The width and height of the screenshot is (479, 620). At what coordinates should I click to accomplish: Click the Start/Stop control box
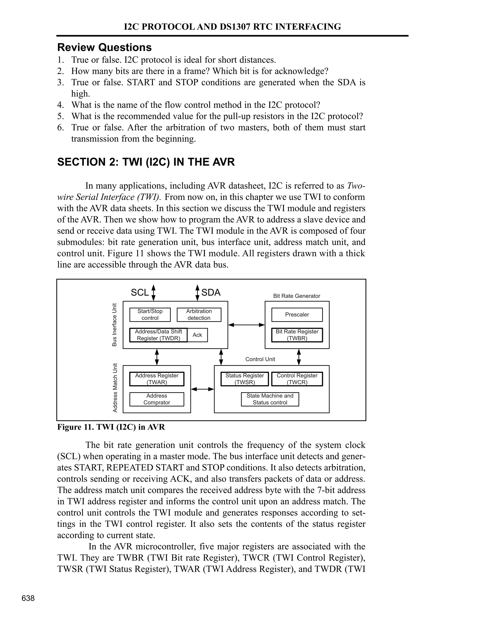150,314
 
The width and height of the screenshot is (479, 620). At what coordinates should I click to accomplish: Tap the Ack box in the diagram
197,335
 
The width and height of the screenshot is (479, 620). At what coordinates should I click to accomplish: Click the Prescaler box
297,314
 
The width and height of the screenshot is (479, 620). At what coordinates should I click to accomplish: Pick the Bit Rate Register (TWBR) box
297,335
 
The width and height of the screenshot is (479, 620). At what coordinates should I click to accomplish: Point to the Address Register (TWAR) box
157,379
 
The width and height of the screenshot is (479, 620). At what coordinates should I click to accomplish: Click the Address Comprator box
157,399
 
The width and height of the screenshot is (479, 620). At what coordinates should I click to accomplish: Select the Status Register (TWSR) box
245,379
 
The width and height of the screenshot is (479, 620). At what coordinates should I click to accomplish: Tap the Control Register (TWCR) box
297,379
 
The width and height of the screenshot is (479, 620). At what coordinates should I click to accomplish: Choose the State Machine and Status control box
270,399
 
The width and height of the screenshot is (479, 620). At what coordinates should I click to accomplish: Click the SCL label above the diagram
140,292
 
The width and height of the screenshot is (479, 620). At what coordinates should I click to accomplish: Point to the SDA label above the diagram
211,292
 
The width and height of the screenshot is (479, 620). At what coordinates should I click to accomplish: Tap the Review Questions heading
104,47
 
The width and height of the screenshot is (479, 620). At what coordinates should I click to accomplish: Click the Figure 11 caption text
111,427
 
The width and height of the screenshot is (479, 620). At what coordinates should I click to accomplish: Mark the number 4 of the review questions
60,105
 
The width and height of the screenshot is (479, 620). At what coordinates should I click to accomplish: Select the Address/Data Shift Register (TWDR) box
158,335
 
